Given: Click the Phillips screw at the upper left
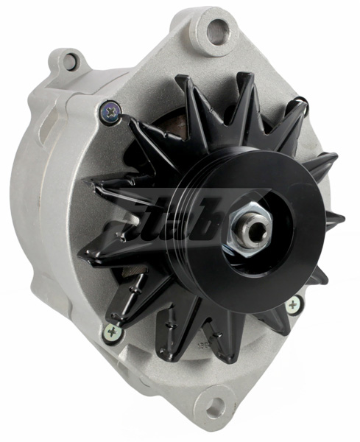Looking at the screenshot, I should tap(112, 112).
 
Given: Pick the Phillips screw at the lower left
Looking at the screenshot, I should tap(113, 332).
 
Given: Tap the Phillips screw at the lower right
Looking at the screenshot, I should tap(294, 304).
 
